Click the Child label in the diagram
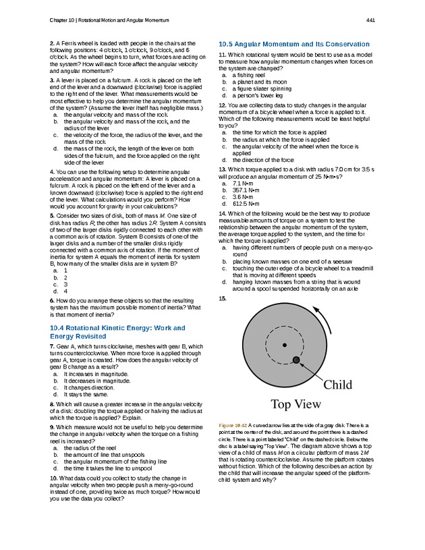pos(338,385)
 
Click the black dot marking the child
pos(296,360)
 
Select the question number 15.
pos(223,298)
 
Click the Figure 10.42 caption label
pos(233,425)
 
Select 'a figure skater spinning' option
pos(260,88)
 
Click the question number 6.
pos(52,300)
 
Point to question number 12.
pos(223,105)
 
